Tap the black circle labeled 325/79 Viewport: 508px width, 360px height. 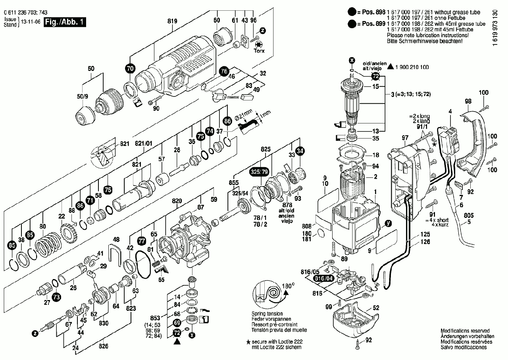[x=259, y=172]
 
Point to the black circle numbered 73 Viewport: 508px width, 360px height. [x=56, y=296]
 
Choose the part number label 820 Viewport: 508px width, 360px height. [x=177, y=201]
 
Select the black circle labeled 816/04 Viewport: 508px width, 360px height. [x=322, y=279]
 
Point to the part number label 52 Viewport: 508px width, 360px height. [x=376, y=308]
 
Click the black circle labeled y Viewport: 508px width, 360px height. [x=389, y=224]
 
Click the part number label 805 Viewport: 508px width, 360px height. [x=469, y=216]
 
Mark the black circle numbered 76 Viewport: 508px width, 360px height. [x=224, y=71]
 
